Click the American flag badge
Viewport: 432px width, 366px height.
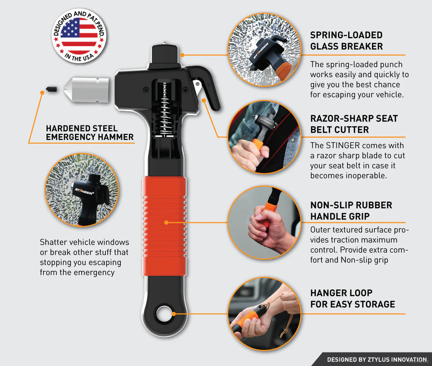(79, 36)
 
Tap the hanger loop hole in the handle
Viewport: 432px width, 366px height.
(165, 313)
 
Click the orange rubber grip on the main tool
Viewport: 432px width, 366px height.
(165, 226)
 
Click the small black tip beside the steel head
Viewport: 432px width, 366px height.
(51, 89)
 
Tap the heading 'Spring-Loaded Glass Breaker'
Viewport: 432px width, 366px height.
(346, 41)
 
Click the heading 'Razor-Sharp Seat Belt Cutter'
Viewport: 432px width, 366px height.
(354, 124)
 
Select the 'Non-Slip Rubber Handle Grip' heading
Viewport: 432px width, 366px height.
(351, 211)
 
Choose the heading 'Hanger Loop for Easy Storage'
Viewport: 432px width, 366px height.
(353, 299)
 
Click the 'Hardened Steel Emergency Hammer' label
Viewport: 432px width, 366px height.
(89, 133)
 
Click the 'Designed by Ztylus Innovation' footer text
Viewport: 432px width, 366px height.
(377, 360)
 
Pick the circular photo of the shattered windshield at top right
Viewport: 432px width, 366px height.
(264, 50)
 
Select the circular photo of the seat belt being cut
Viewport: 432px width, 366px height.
(264, 137)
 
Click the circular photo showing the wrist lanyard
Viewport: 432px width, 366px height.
(264, 314)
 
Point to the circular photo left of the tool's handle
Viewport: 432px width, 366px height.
(82, 190)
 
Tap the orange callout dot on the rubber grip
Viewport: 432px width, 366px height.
(166, 222)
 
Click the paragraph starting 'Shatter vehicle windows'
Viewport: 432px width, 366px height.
(84, 257)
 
